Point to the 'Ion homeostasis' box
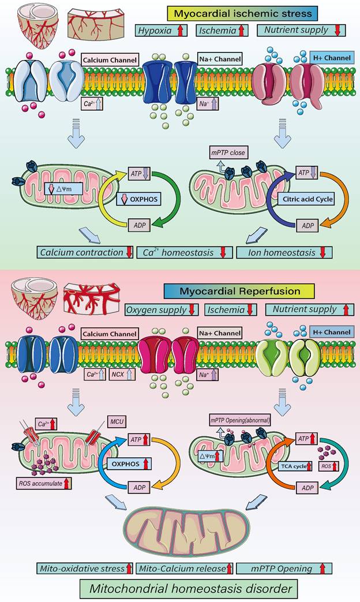point(283,252)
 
